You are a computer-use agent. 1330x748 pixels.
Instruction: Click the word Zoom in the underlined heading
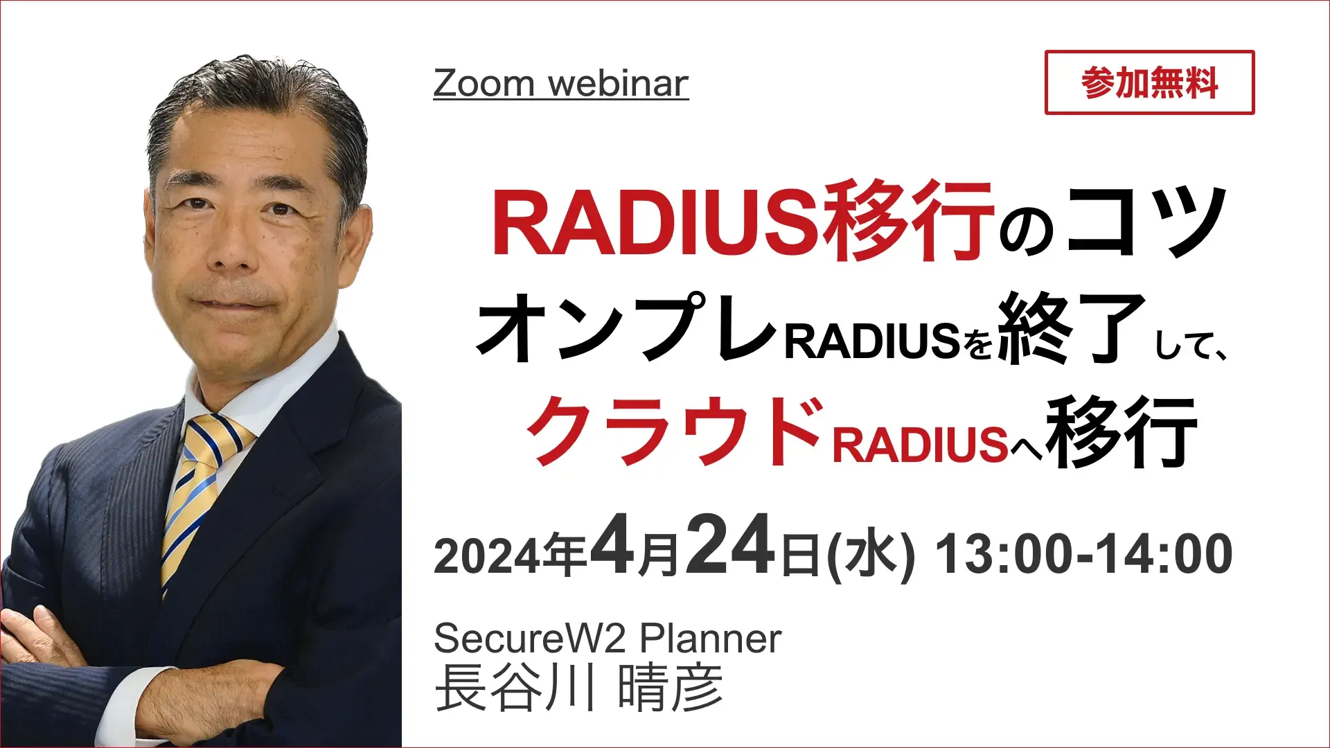point(484,83)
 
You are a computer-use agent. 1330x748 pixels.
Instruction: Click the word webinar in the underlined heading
point(619,83)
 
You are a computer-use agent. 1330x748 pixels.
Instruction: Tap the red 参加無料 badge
point(1149,82)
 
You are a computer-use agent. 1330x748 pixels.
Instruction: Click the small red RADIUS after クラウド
point(920,445)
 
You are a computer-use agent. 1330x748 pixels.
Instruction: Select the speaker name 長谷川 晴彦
point(579,688)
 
